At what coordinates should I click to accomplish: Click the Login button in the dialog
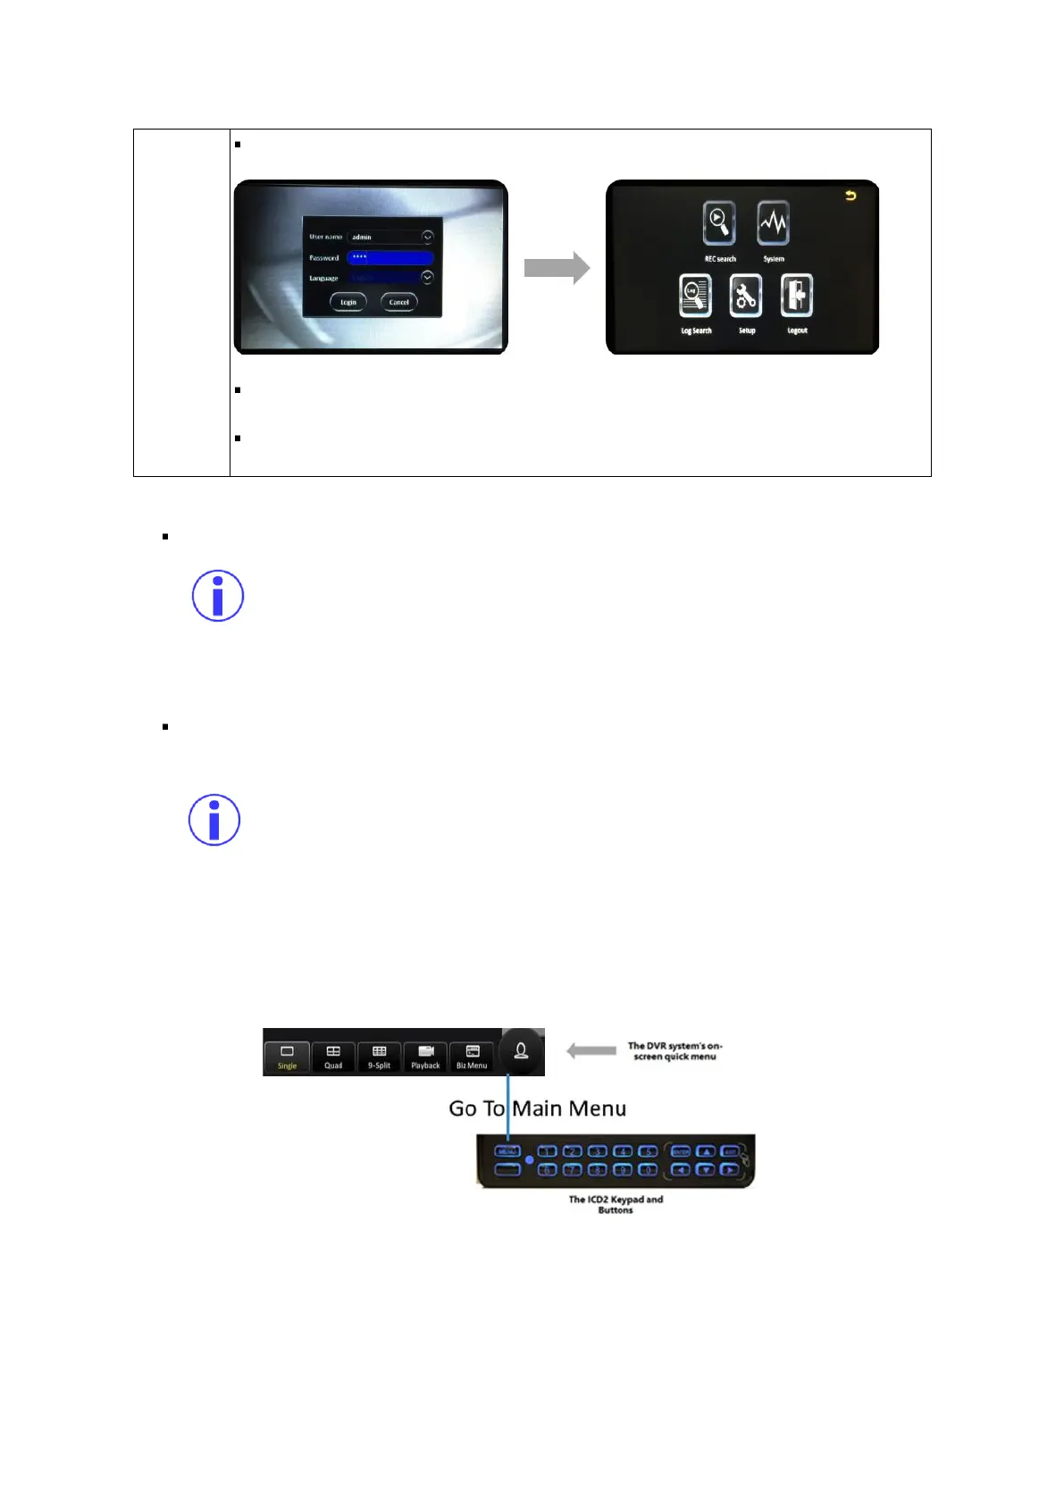[x=348, y=302]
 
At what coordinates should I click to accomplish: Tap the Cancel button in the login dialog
[x=398, y=302]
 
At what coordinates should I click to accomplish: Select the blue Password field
[x=390, y=257]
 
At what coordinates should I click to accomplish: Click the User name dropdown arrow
[x=427, y=237]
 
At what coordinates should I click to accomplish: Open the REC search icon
[x=719, y=222]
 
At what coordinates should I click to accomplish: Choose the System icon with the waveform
[x=774, y=222]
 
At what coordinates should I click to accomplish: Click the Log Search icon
[x=696, y=297]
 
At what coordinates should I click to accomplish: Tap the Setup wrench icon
[x=746, y=297]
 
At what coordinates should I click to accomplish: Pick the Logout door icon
[x=797, y=297]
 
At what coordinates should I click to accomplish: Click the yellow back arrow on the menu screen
[x=850, y=196]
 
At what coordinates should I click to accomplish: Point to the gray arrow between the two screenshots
[x=556, y=268]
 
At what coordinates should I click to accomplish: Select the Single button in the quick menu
[x=287, y=1057]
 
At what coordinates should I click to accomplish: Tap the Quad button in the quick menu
[x=333, y=1057]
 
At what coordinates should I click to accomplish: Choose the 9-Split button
[x=379, y=1057]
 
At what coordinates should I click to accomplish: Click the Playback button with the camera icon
[x=425, y=1057]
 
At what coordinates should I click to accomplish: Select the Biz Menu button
[x=472, y=1057]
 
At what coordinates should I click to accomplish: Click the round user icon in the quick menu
[x=521, y=1051]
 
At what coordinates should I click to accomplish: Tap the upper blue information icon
[x=218, y=596]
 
